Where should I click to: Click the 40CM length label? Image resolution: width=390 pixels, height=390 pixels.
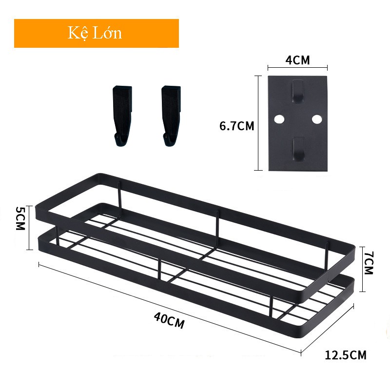169,320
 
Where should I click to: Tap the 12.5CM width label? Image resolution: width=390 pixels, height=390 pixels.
346,355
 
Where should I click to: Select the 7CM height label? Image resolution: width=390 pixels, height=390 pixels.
369,263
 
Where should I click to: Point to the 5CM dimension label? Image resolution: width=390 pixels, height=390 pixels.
20,218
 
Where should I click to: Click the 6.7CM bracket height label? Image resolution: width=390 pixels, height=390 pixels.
237,126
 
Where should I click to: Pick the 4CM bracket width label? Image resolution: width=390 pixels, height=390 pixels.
297,60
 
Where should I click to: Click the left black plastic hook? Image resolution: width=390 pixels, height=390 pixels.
122,116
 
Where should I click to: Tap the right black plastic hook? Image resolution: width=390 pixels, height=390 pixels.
171,116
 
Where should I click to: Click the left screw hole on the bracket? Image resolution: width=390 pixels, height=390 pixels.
279,119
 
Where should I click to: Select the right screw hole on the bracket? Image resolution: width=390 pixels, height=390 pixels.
317,119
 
